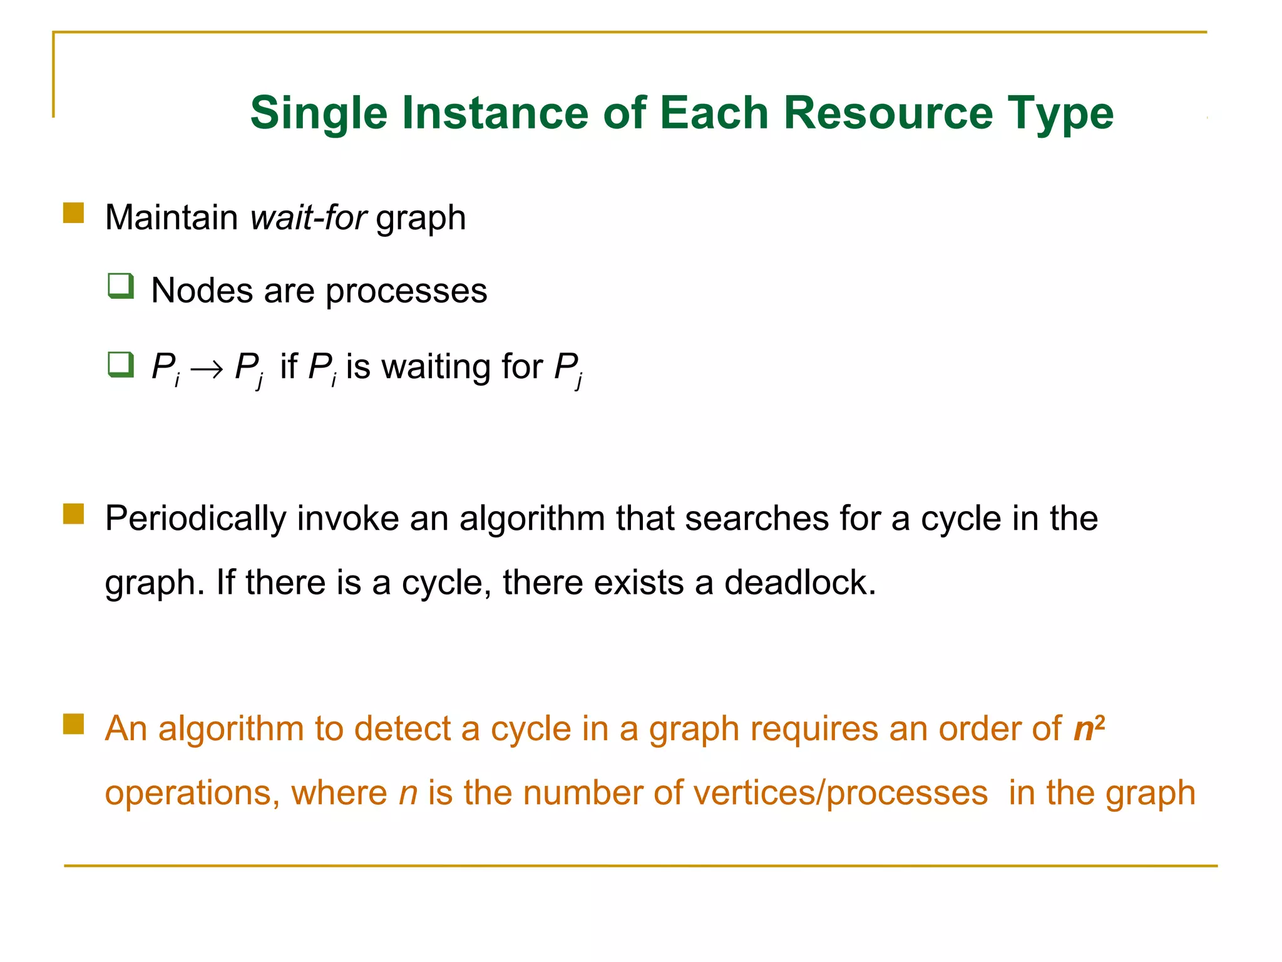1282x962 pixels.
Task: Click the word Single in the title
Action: click(319, 114)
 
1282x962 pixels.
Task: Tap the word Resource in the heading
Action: click(888, 114)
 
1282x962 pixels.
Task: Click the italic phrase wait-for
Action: click(308, 218)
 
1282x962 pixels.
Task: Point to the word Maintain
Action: click(172, 218)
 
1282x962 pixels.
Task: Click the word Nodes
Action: click(202, 291)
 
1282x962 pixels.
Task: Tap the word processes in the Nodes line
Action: click(406, 291)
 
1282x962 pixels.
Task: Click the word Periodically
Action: click(195, 519)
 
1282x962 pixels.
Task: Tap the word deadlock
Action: click(800, 582)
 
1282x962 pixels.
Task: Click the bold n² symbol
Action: click(1089, 728)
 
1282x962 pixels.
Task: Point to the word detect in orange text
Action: click(403, 729)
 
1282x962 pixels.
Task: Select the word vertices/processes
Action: click(840, 793)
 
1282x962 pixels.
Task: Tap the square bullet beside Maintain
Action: click(74, 214)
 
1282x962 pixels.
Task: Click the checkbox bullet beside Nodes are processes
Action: click(121, 286)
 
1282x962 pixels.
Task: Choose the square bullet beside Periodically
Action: click(74, 514)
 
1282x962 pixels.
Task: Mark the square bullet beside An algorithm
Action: click(74, 725)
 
